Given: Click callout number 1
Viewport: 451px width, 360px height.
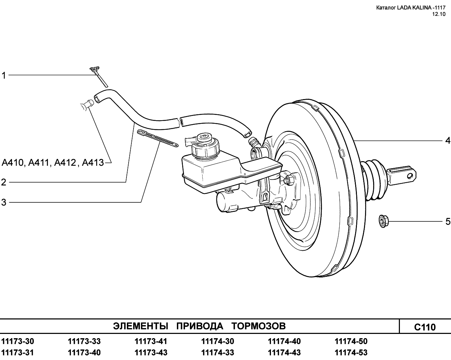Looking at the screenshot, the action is tap(4, 75).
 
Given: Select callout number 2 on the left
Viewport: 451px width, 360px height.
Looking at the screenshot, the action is tap(4, 182).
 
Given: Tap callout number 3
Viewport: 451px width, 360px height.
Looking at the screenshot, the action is tap(4, 202).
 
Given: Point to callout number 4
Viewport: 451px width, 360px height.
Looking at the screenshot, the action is tap(447, 140).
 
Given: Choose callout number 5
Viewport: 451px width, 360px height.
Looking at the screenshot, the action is tap(447, 221).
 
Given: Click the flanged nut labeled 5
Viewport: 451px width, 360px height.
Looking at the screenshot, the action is tap(384, 221).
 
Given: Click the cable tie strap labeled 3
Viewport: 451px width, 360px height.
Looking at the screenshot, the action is tap(157, 139).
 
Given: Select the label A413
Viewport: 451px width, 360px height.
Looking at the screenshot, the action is tap(93, 163).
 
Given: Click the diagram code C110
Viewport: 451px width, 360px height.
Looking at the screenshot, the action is tap(425, 327).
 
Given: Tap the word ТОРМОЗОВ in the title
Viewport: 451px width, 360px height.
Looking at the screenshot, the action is tap(259, 326).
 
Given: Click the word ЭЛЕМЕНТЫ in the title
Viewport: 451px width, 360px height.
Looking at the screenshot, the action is tap(141, 326).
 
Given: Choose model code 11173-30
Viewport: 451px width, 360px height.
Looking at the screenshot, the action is tap(18, 341).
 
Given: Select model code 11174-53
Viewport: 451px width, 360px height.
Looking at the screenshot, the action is tap(351, 353).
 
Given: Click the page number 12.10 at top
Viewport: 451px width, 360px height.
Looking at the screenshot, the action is tap(439, 14).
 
